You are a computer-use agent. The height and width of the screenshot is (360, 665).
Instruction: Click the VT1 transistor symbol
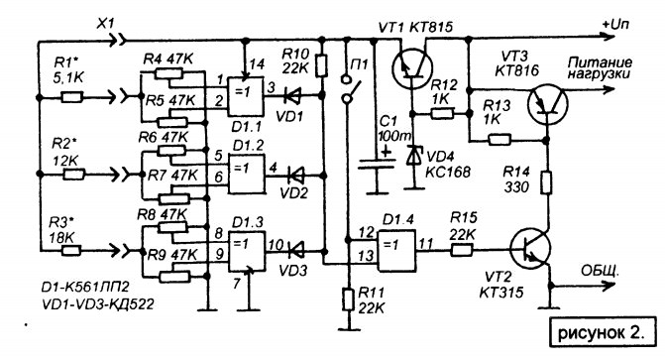pos(412,67)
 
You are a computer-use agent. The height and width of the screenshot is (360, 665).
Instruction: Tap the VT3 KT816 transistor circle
pos(547,103)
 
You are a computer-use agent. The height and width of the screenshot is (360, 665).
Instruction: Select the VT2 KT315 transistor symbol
pos(529,248)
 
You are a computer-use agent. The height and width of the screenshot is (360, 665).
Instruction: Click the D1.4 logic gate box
pos(397,251)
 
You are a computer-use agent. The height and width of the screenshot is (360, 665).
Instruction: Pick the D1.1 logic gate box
pos(245,96)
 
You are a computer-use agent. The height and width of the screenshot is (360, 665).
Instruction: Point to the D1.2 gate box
pos(247,175)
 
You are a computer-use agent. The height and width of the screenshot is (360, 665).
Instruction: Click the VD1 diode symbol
pos(291,95)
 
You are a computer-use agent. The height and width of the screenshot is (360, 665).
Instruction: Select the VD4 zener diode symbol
pos(412,156)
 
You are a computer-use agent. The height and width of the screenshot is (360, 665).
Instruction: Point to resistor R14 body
pos(547,182)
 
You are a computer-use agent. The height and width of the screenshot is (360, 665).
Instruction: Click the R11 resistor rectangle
pos(348,300)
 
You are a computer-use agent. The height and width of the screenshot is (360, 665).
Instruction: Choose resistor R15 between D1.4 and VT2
pos(462,250)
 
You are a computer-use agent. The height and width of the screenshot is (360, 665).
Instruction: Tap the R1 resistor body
pos(72,97)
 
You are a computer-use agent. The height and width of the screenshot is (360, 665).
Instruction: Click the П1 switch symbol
pos(351,88)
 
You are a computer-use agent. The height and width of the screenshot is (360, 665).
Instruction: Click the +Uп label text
pos(615,24)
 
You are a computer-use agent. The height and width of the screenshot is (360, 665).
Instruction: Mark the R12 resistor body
pos(442,114)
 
